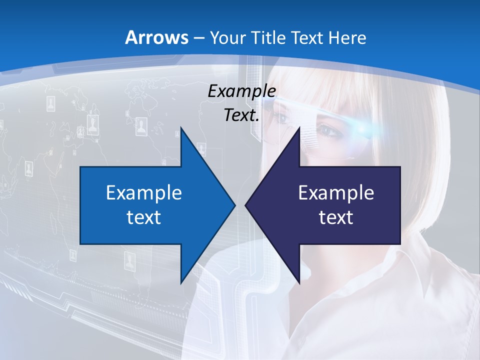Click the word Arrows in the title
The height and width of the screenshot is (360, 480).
[x=156, y=37]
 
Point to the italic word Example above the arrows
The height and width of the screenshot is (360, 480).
[x=241, y=91]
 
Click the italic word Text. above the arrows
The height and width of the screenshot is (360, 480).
[x=241, y=115]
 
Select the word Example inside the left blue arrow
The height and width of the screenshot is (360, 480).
[x=144, y=192]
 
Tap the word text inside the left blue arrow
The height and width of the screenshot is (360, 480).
[x=144, y=217]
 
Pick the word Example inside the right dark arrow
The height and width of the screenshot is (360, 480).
[x=336, y=192]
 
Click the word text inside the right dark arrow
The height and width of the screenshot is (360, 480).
[x=336, y=217]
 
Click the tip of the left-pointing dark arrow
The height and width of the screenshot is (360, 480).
[x=246, y=205]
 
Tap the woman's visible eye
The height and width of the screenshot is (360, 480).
[x=327, y=131]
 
